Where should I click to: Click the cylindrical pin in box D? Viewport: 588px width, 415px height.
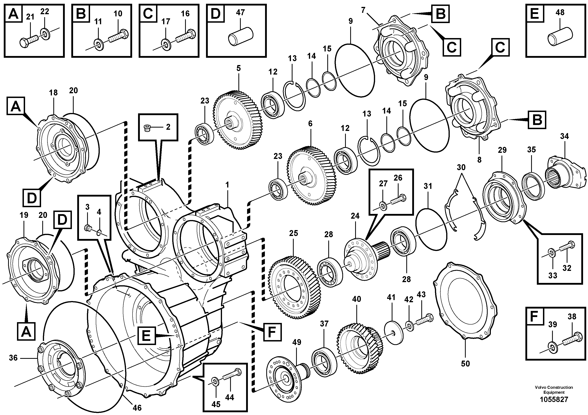click(x=241, y=38)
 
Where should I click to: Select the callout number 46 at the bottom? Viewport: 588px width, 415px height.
click(x=137, y=407)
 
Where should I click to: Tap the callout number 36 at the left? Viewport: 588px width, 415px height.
click(x=13, y=357)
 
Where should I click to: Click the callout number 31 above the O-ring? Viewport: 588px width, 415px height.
click(x=428, y=186)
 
